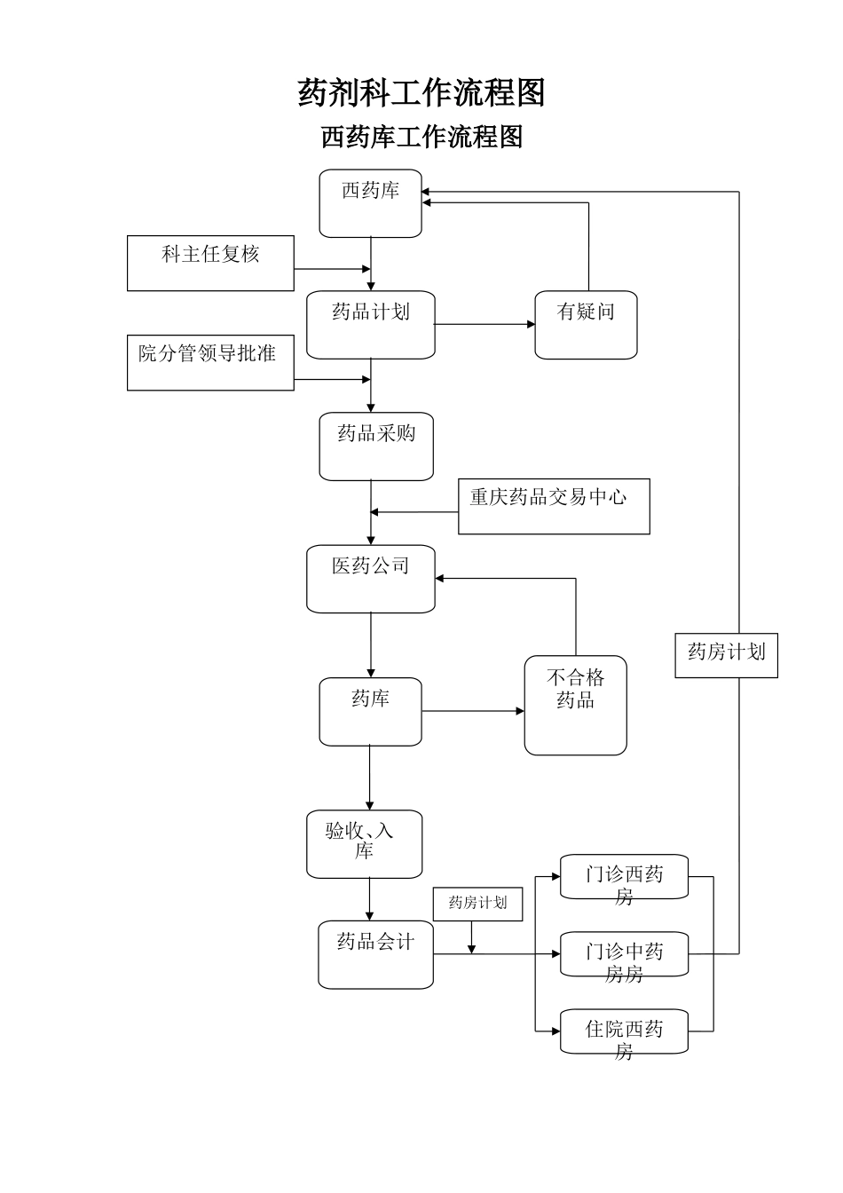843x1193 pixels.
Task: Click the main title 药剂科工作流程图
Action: tap(421, 92)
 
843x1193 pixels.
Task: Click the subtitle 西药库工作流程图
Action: tap(421, 137)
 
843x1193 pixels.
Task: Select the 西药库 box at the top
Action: tap(370, 203)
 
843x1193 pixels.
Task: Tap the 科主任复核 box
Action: tap(210, 263)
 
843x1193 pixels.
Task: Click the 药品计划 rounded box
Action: tap(370, 324)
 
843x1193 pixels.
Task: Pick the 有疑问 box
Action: tap(586, 324)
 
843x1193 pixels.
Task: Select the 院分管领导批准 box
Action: tap(210, 362)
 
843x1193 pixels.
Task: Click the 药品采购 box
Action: tap(376, 446)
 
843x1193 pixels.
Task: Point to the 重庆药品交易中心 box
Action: tap(554, 506)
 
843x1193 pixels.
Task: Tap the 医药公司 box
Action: tap(370, 578)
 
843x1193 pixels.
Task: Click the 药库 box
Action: tap(370, 711)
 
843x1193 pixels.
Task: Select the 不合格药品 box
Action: tap(575, 705)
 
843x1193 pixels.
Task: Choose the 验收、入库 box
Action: tap(364, 843)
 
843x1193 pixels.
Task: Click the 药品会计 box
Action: tap(375, 954)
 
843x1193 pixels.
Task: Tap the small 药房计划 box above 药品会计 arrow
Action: tap(477, 904)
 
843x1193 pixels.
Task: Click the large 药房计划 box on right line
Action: tap(726, 655)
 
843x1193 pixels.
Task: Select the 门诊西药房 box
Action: tap(624, 877)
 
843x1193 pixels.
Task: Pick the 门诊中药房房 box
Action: tap(624, 954)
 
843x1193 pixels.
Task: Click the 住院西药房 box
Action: tap(624, 1031)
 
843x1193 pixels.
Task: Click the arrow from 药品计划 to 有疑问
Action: tap(485, 324)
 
